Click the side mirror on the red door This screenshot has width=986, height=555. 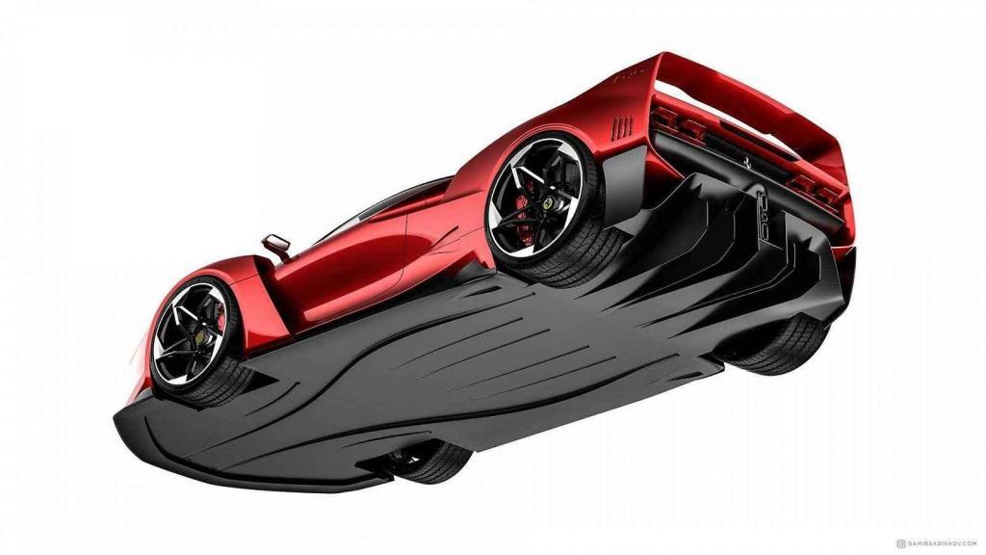pyautogui.click(x=276, y=244)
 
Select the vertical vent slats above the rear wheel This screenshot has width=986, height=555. pyautogui.click(x=623, y=126)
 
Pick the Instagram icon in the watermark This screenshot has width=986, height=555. pyautogui.click(x=900, y=543)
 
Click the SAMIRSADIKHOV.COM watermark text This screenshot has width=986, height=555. pyautogui.click(x=944, y=543)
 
